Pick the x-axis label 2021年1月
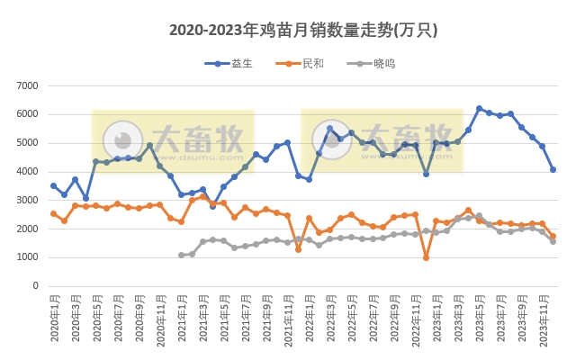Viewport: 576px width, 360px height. pos(181,319)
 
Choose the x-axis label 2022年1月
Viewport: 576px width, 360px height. pos(309,319)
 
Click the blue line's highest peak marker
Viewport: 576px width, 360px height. pos(479,109)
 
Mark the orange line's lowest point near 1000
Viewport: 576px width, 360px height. pos(426,257)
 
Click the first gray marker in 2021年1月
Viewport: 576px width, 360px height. pos(181,256)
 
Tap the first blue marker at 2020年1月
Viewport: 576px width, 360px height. pos(53,185)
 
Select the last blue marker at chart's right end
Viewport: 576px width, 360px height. pos(553,169)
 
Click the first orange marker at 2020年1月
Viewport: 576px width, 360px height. pos(53,213)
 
